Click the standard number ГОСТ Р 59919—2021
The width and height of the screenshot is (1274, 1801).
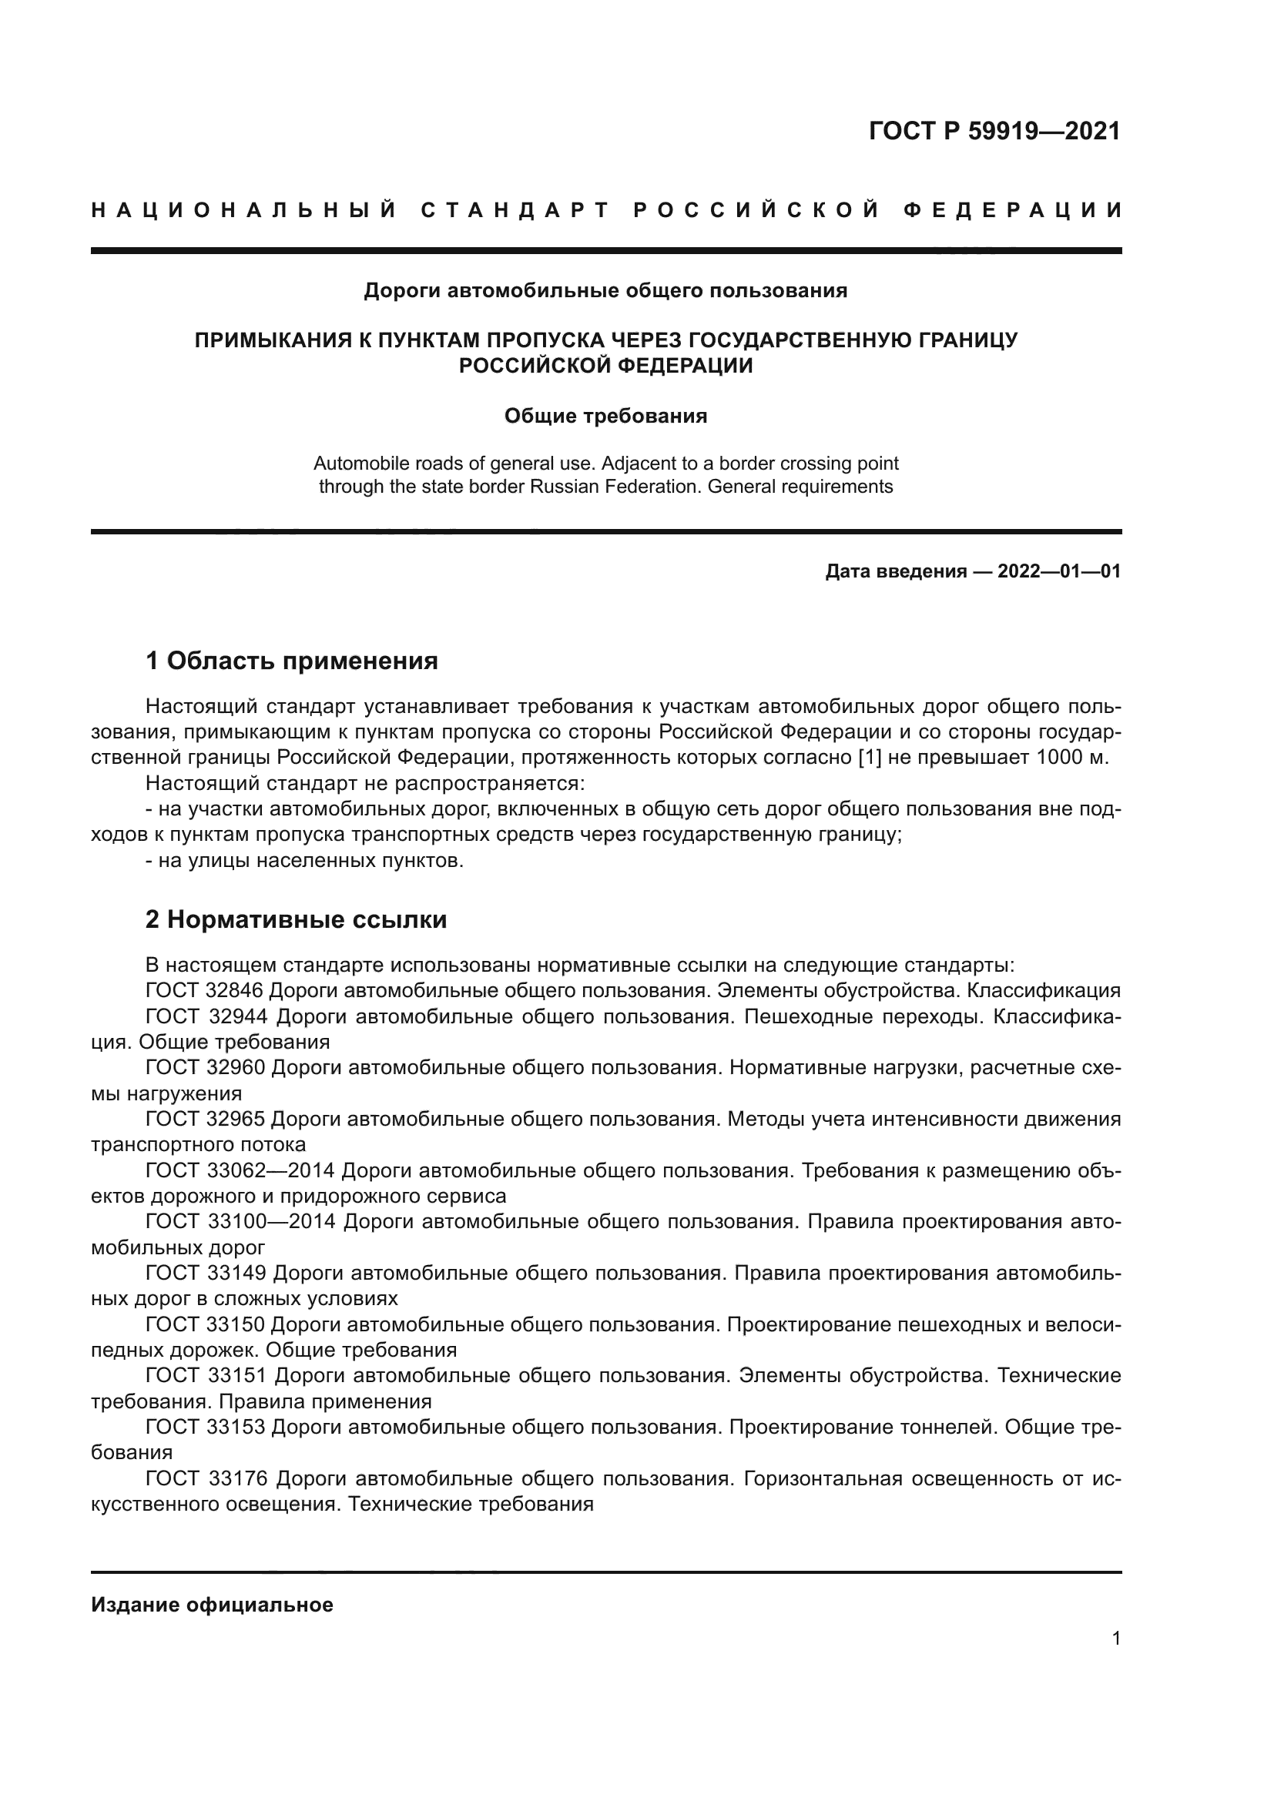(994, 131)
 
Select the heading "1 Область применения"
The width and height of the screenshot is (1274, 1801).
(291, 661)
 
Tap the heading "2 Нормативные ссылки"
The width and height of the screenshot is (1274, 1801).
(296, 919)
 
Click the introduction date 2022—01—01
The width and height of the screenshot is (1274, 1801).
(1059, 571)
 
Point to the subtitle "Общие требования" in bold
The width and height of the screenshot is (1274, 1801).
(605, 416)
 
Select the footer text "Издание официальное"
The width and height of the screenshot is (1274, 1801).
(212, 1604)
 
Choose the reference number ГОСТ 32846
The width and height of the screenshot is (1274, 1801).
(207, 990)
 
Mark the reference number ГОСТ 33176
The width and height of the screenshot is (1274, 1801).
(207, 1479)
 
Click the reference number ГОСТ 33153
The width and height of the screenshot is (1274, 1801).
(207, 1428)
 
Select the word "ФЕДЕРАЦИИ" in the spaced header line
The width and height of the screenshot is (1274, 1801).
(1013, 210)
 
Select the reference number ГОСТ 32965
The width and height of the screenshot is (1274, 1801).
(207, 1120)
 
